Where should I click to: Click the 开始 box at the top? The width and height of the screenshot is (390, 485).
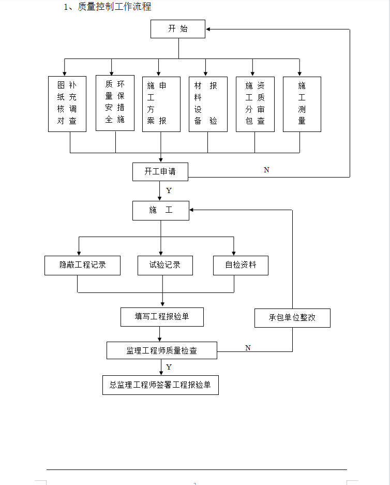pyautogui.click(x=177, y=29)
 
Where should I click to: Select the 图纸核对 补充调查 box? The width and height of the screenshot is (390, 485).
pyautogui.click(x=67, y=104)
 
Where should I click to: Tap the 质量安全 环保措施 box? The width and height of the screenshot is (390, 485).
pyautogui.click(x=115, y=102)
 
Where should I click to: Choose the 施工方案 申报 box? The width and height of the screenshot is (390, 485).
pyautogui.click(x=161, y=104)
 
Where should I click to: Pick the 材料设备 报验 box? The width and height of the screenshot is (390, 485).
pyautogui.click(x=208, y=104)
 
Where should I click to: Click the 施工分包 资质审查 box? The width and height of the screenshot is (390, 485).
pyautogui.click(x=255, y=104)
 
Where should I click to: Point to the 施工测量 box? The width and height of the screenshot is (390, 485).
pyautogui.click(x=302, y=104)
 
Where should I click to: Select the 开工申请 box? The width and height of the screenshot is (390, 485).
pyautogui.click(x=160, y=171)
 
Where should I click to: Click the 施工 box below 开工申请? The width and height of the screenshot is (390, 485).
pyautogui.click(x=161, y=210)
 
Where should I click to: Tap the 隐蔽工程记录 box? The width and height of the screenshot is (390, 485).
pyautogui.click(x=83, y=265)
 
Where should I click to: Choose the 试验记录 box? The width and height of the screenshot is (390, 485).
pyautogui.click(x=165, y=265)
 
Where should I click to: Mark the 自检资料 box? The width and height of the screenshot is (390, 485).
pyautogui.click(x=241, y=265)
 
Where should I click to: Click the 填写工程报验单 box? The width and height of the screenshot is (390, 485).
pyautogui.click(x=162, y=317)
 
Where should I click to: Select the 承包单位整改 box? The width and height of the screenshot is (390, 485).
pyautogui.click(x=292, y=318)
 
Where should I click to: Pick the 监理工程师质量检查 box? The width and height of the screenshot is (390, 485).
pyautogui.click(x=162, y=350)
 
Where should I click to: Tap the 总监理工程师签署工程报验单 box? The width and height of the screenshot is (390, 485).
pyautogui.click(x=160, y=385)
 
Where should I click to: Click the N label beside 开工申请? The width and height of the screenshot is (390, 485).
pyautogui.click(x=267, y=170)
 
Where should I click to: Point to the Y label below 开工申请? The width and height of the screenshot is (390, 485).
pyautogui.click(x=169, y=191)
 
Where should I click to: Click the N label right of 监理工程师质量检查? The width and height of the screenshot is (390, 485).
pyautogui.click(x=248, y=348)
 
